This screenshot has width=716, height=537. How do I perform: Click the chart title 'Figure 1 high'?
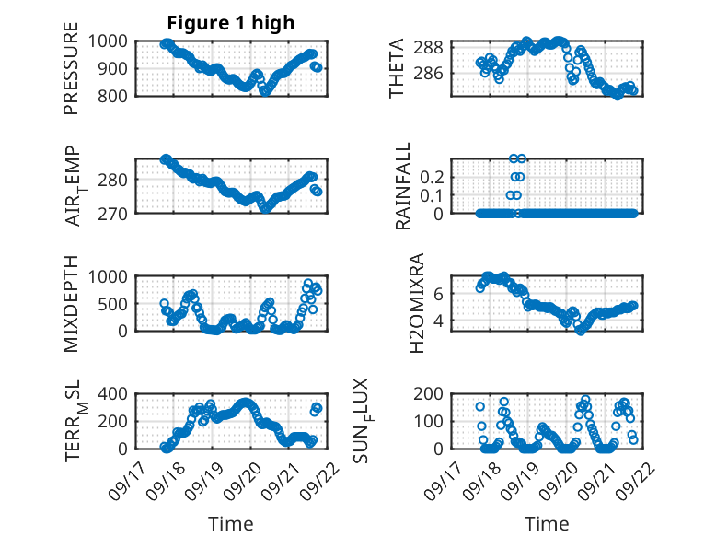tap(231, 23)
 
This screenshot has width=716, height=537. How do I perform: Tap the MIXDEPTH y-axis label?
tap(71, 302)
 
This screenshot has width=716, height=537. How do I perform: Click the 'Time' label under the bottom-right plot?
tap(547, 524)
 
